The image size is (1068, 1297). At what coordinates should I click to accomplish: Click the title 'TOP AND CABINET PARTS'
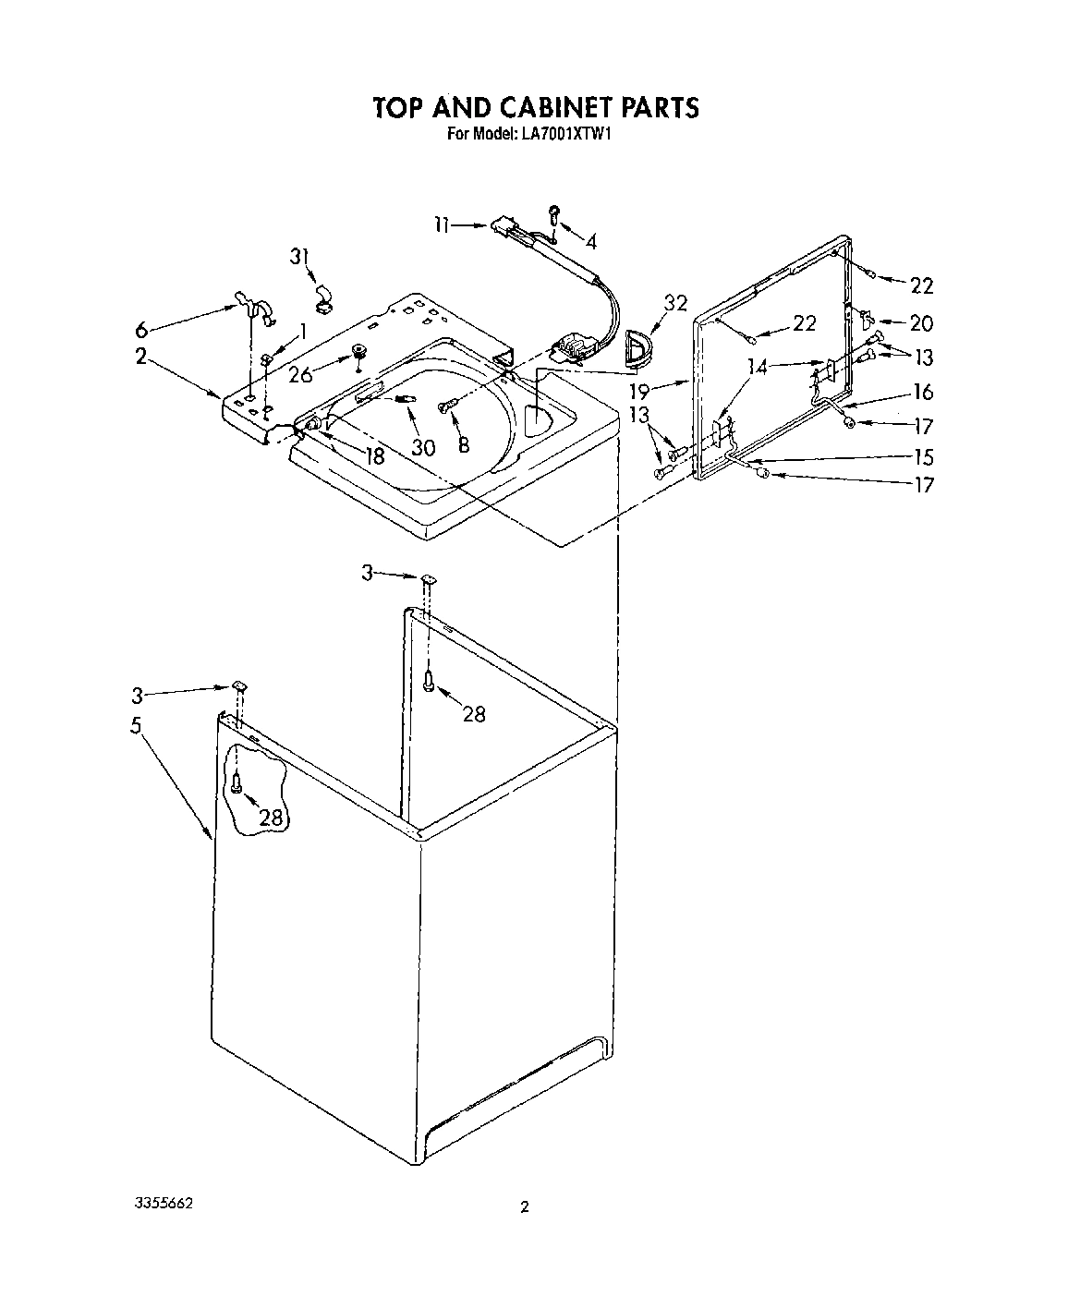[535, 107]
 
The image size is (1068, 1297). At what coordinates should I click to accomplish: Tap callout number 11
[443, 224]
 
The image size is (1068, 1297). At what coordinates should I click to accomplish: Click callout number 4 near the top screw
[589, 241]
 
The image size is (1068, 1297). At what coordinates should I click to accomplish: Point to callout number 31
[297, 257]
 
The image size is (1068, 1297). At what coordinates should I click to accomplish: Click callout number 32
[675, 303]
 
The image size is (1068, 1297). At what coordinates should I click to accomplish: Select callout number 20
[921, 323]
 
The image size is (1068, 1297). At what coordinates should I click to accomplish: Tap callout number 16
[922, 392]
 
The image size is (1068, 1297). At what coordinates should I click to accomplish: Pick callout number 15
[922, 457]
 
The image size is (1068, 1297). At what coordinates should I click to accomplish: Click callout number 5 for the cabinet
[136, 726]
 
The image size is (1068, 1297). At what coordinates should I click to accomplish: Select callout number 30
[423, 447]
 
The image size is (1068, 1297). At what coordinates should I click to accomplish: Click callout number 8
[463, 444]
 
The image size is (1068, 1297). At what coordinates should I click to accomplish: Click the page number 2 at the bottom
[525, 1206]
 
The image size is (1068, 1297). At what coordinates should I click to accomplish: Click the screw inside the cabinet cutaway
[237, 784]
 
